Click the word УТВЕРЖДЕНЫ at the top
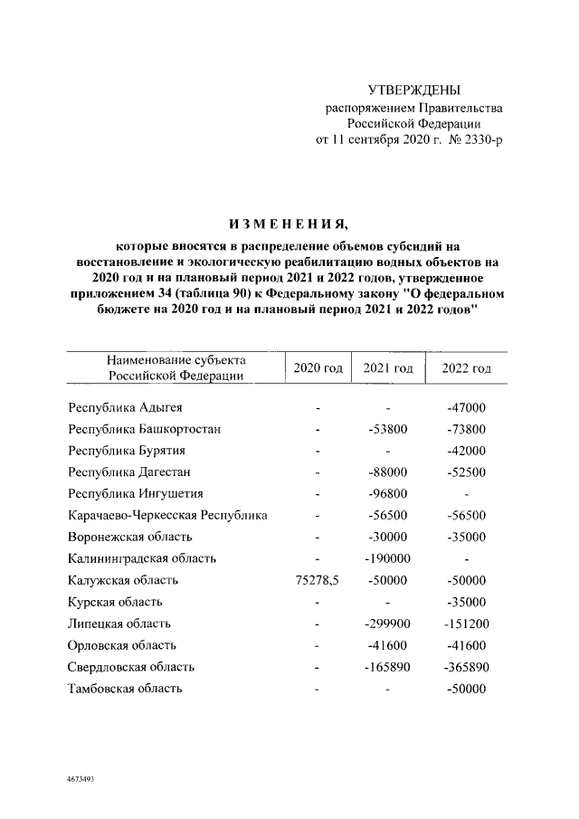pos(414,90)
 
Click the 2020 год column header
pos(318,368)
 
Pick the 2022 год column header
pos(466,368)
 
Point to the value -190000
pos(387,558)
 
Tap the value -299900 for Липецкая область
pos(387,624)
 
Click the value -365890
pos(466,667)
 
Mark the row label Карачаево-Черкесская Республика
pos(167,515)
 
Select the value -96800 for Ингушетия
pos(387,493)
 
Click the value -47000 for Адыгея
pos(466,407)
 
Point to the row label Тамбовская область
pos(125,689)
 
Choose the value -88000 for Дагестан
pos(387,471)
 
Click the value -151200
pos(466,624)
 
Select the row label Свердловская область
pos(130,667)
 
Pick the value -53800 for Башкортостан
pos(387,429)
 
